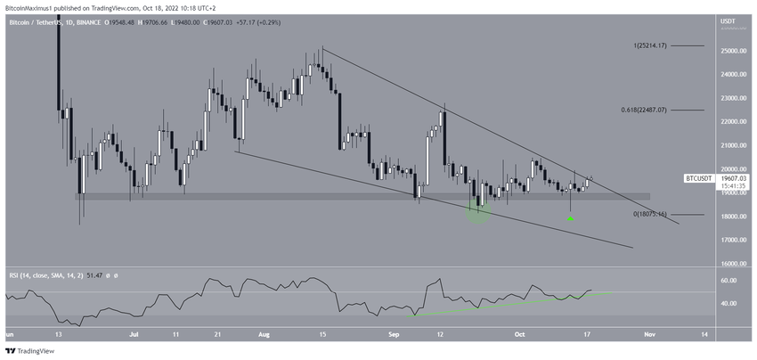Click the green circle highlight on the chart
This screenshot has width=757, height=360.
pyautogui.click(x=478, y=212)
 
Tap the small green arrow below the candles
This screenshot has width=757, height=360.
pyautogui.click(x=571, y=218)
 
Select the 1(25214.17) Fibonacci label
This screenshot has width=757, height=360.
pyautogui.click(x=649, y=45)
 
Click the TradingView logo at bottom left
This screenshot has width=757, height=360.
pyautogui.click(x=31, y=350)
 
